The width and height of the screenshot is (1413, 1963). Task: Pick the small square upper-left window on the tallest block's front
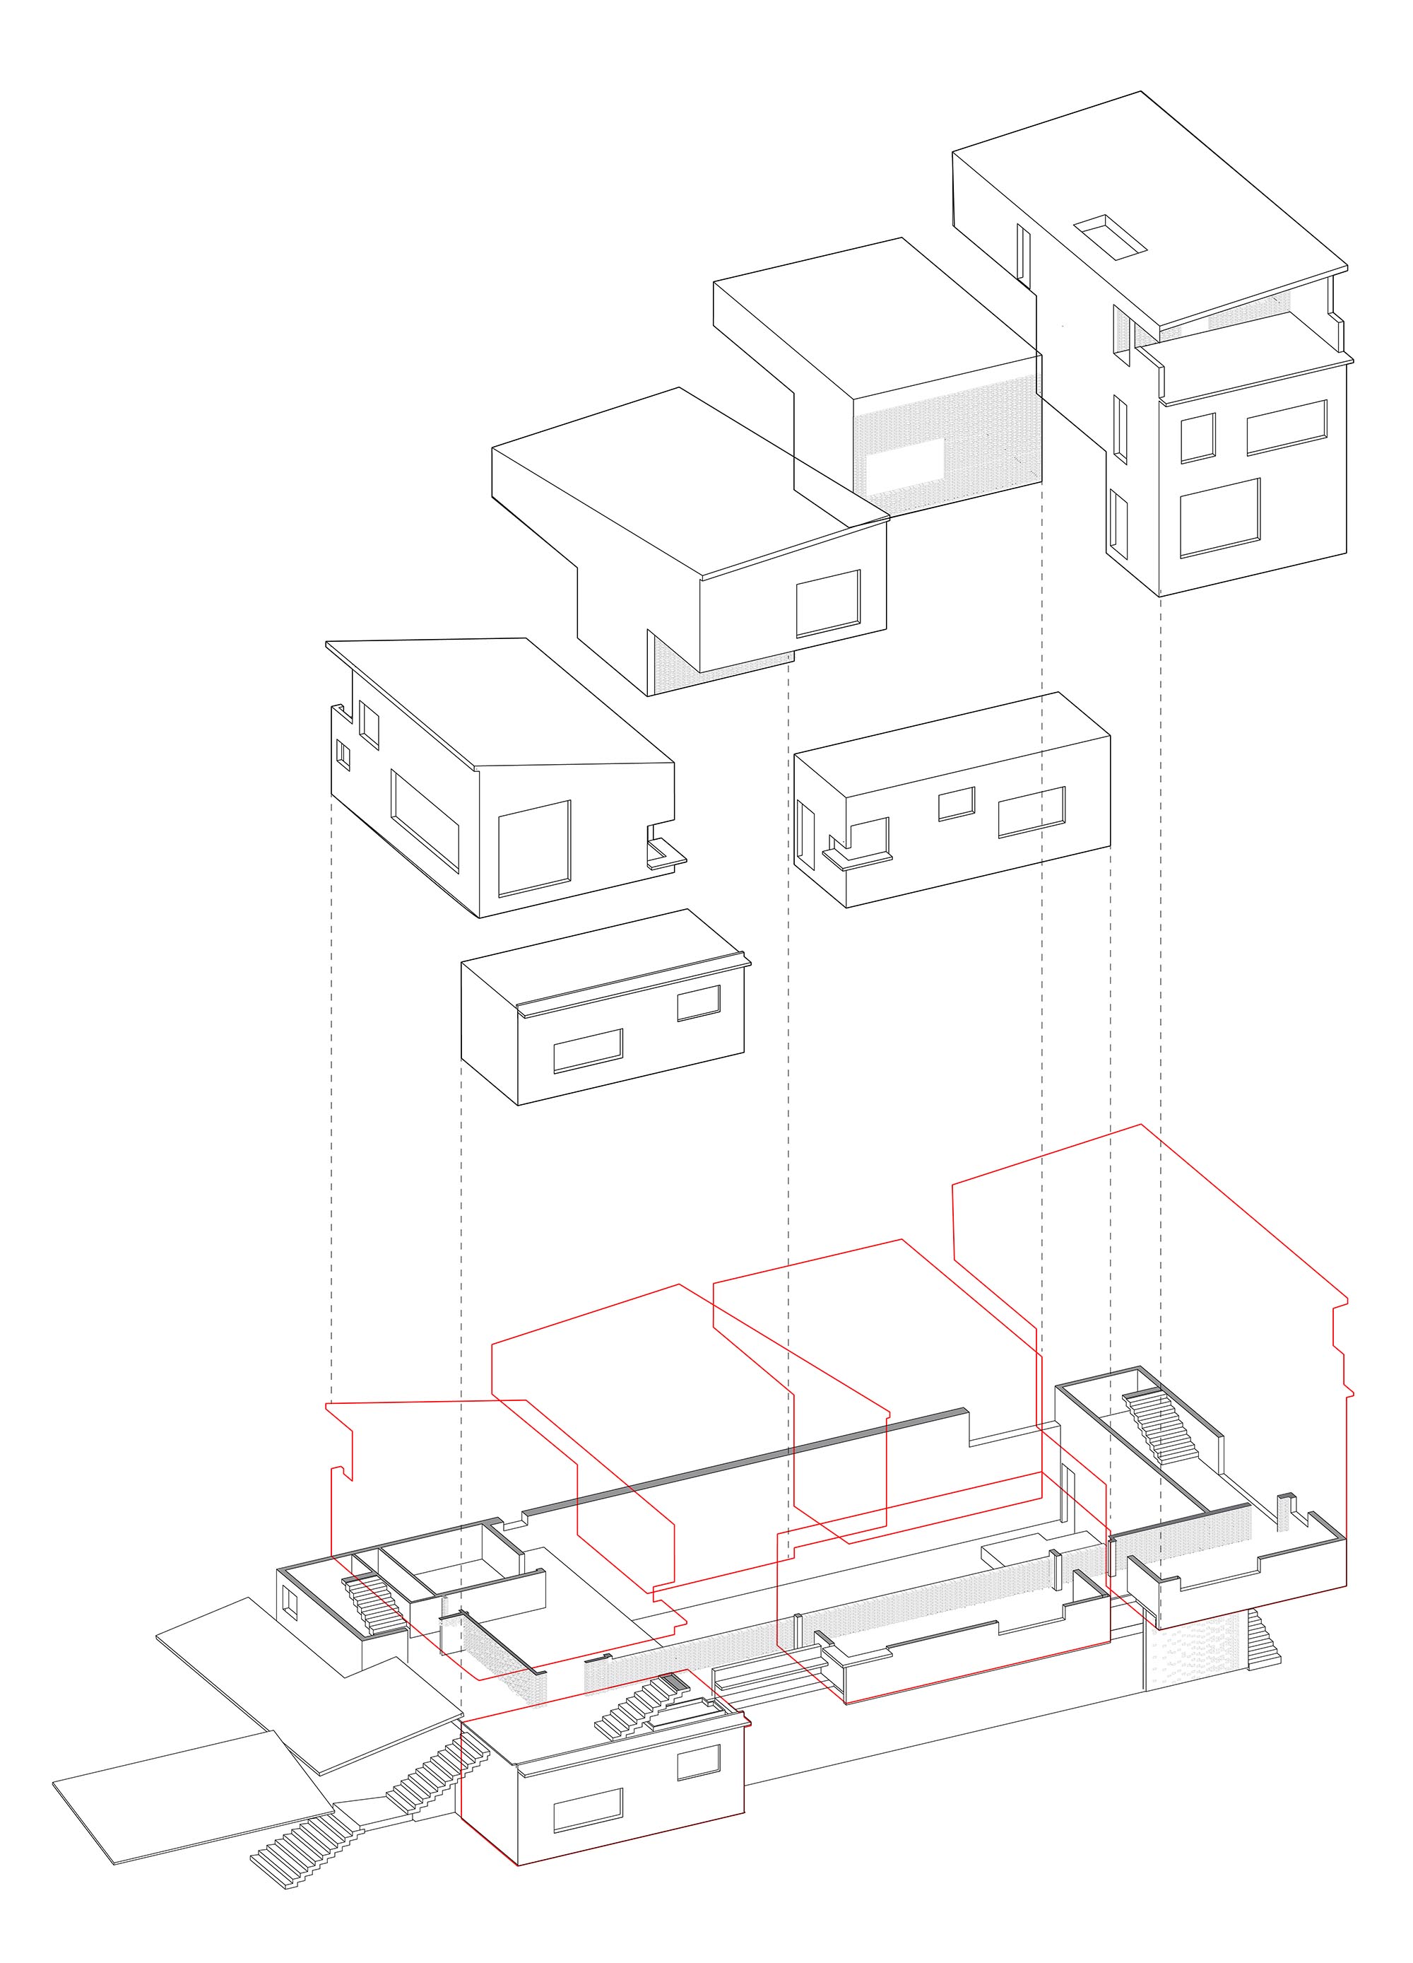click(x=1198, y=437)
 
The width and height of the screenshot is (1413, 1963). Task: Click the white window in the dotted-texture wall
click(x=905, y=466)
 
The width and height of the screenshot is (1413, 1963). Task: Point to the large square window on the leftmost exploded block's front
click(x=534, y=848)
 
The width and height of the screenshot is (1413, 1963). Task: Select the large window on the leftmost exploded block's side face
click(x=425, y=819)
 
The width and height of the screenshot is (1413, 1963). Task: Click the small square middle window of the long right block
click(x=956, y=803)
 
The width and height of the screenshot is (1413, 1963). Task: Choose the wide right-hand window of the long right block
click(x=1031, y=812)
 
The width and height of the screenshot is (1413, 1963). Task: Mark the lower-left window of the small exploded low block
click(x=588, y=1050)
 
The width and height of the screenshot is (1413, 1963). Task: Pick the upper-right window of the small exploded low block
click(x=698, y=1002)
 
